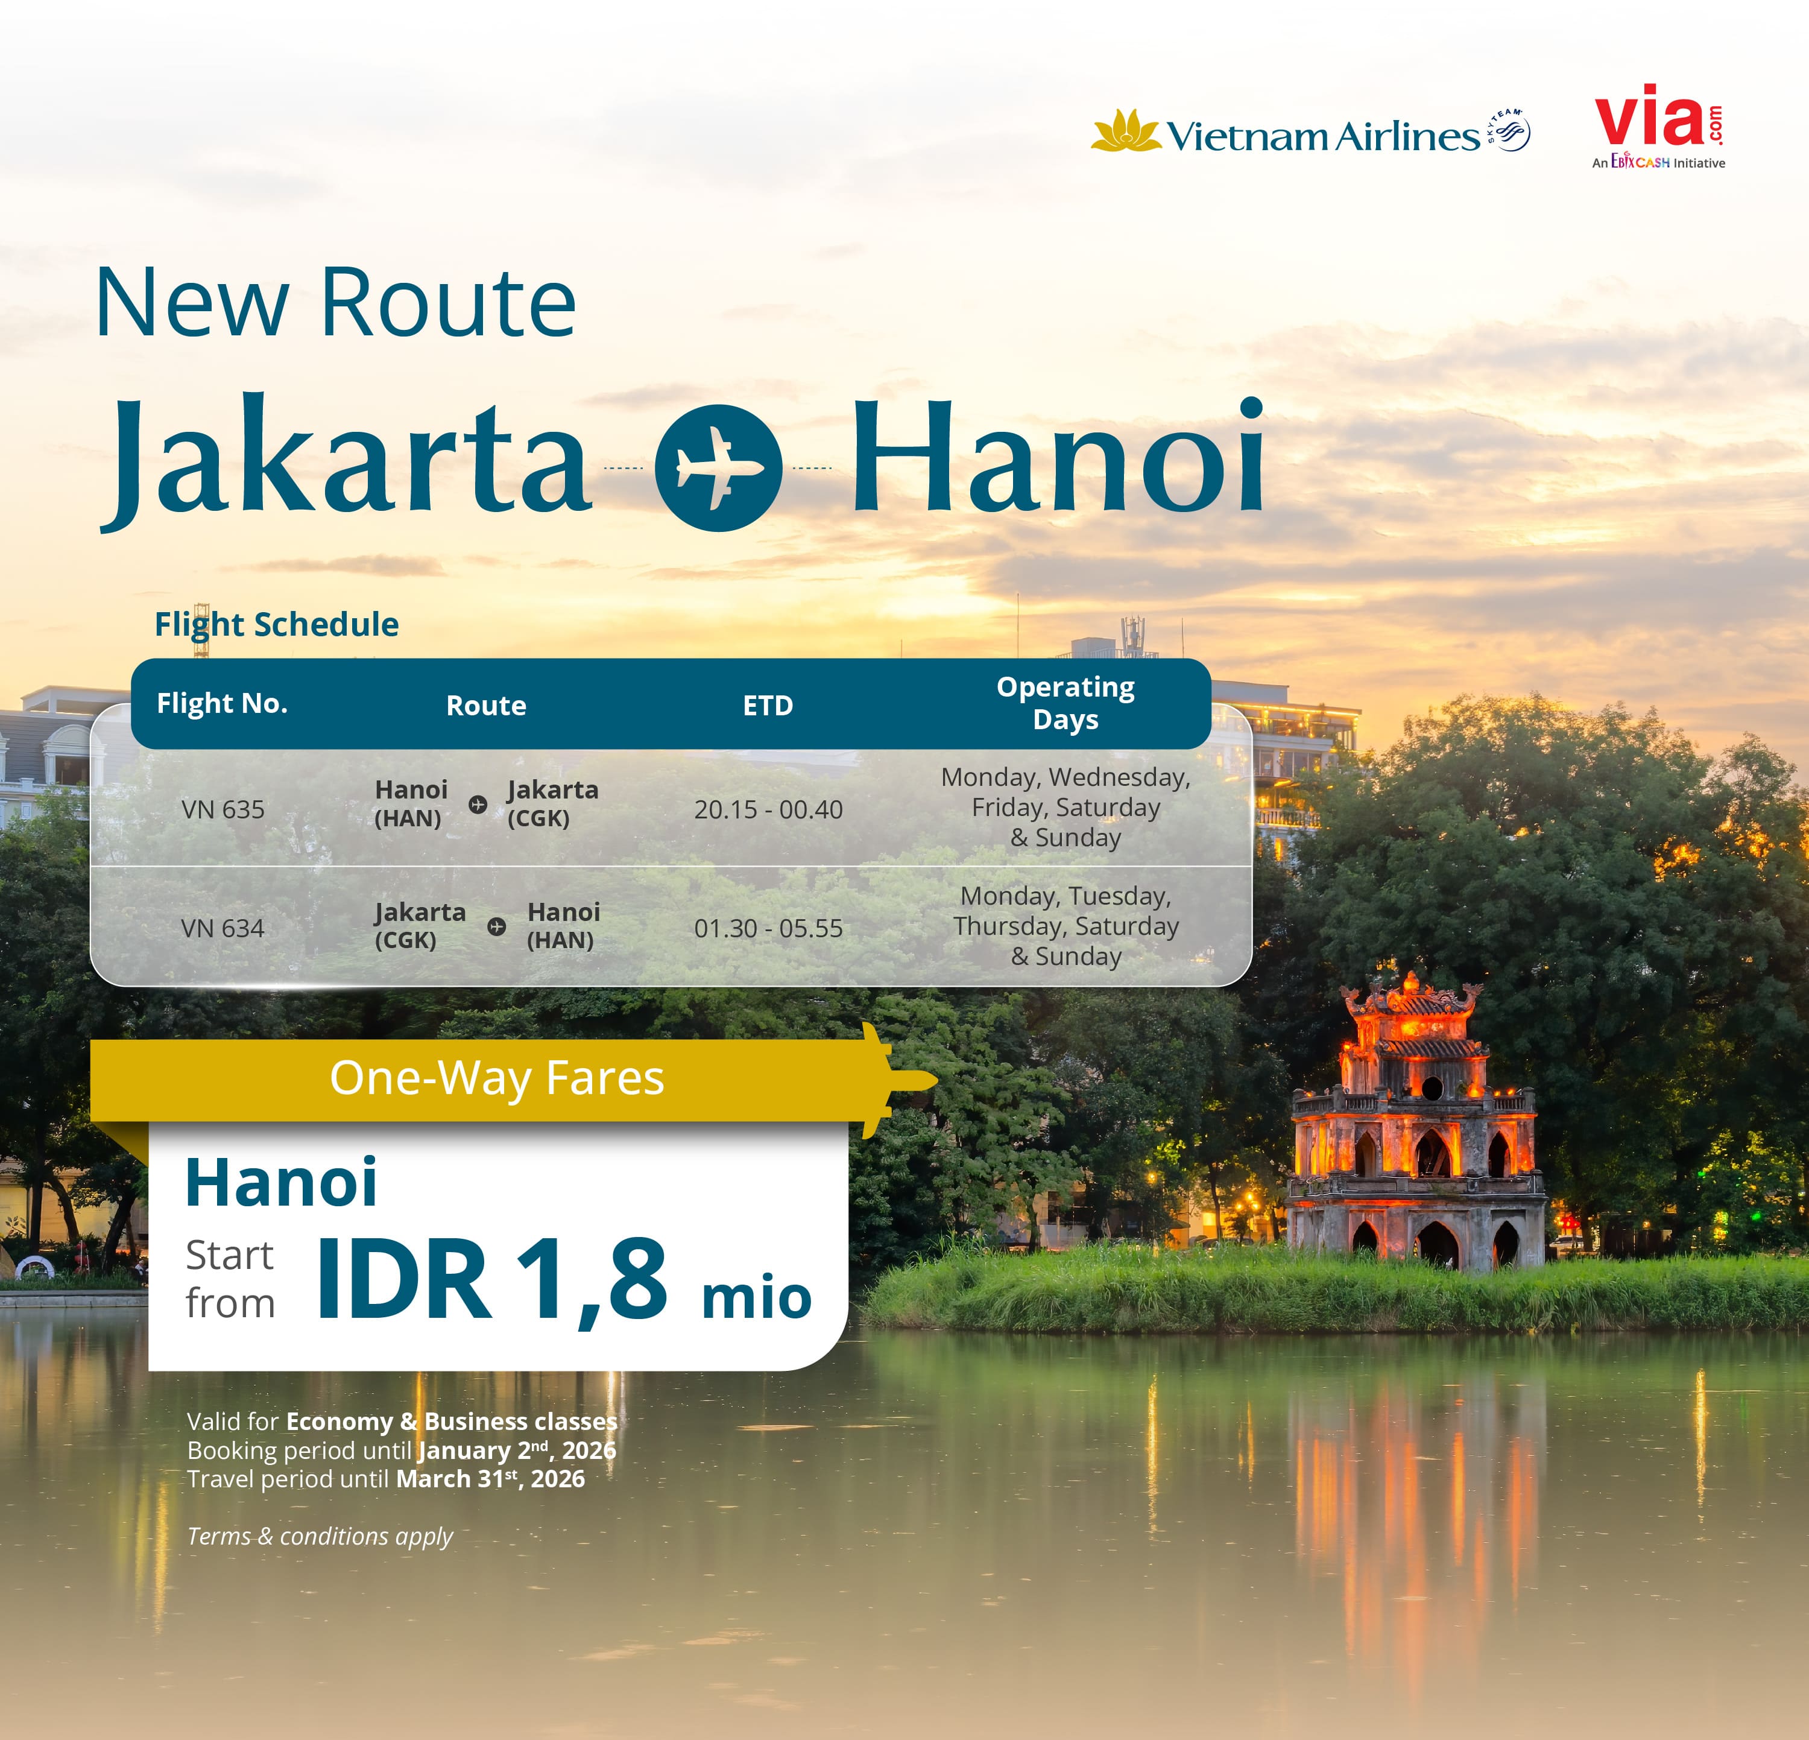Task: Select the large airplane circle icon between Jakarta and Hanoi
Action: [718, 468]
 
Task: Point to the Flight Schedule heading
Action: [276, 625]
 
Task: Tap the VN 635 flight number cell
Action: [223, 809]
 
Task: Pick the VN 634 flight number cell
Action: [223, 928]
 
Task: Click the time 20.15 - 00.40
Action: [768, 809]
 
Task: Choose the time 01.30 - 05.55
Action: [768, 928]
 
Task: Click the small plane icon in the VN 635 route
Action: [477, 804]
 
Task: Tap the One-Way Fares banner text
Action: [496, 1077]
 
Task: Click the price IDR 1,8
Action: [491, 1280]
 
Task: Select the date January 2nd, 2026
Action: [517, 1450]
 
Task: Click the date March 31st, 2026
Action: [490, 1479]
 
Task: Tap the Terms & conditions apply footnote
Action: [320, 1536]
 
